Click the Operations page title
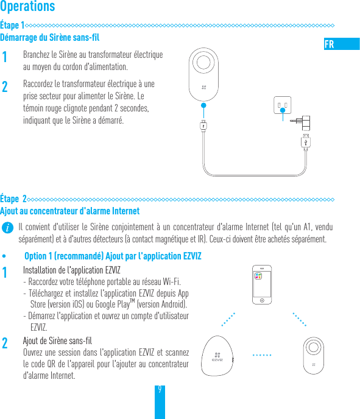coord(28,7)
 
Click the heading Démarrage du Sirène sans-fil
coord(50,38)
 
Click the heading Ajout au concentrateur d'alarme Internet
coord(70,211)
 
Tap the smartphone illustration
coord(261,285)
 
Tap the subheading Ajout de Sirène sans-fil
coord(57,340)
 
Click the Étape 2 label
coord(13,199)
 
